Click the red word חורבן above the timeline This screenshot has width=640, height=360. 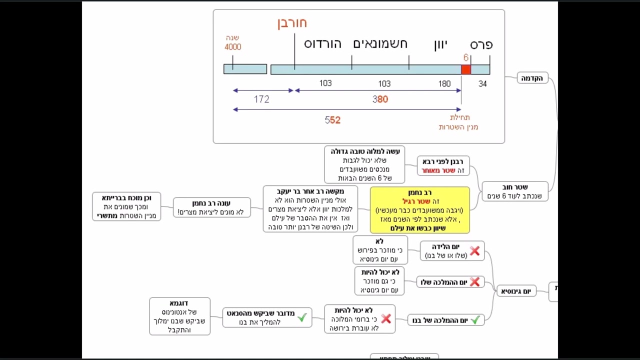(292, 23)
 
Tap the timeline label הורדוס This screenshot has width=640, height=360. (322, 44)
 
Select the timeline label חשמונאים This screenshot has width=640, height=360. (380, 44)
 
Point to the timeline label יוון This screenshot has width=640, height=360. (440, 44)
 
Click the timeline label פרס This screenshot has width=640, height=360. (481, 44)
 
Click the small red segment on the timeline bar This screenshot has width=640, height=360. (466, 69)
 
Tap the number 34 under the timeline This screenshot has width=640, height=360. (482, 84)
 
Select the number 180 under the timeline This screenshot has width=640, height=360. (444, 84)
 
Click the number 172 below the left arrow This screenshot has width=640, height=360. (261, 99)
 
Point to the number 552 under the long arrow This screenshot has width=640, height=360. (332, 120)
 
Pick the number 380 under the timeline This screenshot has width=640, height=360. (380, 99)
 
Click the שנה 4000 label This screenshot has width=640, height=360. (232, 42)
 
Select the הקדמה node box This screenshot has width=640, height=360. (533, 78)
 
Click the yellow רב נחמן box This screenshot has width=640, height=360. (420, 210)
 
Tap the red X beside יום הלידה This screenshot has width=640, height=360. (474, 251)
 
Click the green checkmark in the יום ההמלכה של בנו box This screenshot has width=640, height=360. (475, 319)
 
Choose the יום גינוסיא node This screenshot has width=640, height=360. (516, 291)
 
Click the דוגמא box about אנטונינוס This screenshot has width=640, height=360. (179, 316)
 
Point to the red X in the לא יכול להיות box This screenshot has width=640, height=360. (385, 318)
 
